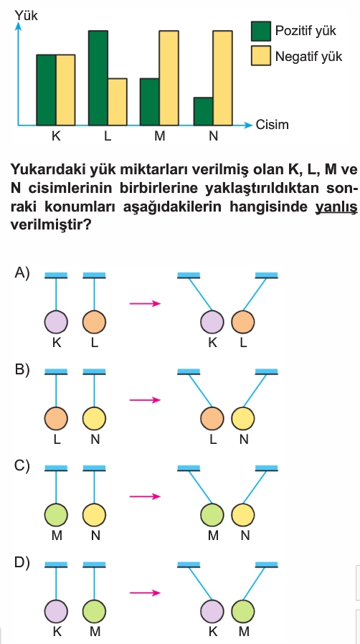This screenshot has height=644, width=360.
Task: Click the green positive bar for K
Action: click(x=47, y=90)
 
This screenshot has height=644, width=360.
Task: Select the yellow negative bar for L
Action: click(x=118, y=102)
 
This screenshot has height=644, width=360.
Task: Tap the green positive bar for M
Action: click(x=150, y=102)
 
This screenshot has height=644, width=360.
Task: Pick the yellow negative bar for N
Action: click(x=222, y=78)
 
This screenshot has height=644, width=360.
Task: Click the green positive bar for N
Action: click(x=203, y=111)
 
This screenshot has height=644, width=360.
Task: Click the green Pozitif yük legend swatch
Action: click(x=261, y=32)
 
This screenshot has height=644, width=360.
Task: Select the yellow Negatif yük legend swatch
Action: click(x=261, y=55)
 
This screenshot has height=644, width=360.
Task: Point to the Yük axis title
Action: click(x=27, y=16)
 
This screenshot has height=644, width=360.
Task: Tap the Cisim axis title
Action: click(x=273, y=125)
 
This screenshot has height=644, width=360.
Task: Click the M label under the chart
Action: click(x=160, y=136)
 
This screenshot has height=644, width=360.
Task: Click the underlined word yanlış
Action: click(x=336, y=207)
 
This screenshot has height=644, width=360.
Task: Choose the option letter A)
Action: click(x=22, y=273)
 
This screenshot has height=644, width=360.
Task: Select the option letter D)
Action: click(x=22, y=563)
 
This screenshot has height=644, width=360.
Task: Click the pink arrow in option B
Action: click(x=145, y=400)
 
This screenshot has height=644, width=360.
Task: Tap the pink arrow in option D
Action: click(x=145, y=592)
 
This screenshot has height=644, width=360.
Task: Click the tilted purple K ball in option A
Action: click(x=212, y=321)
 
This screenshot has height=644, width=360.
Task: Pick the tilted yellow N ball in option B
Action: click(x=242, y=419)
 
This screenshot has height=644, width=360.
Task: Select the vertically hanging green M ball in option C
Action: click(x=56, y=515)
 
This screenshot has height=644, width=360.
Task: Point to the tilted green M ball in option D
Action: click(x=242, y=611)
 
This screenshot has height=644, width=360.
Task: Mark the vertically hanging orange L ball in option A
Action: click(x=94, y=321)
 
